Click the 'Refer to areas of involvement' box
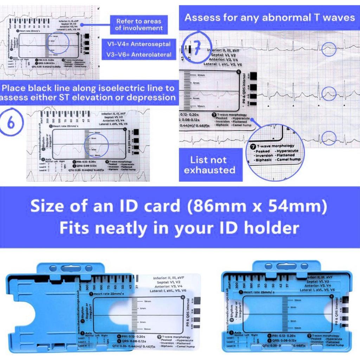click(x=139, y=25)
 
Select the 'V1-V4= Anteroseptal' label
click(x=139, y=44)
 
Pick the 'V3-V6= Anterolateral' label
click(x=139, y=54)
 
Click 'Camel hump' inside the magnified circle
click(x=290, y=160)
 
